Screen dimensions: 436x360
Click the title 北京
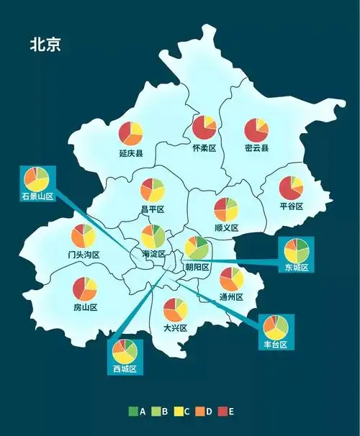pyautogui.click(x=45, y=44)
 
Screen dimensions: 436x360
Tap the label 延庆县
pyautogui.click(x=131, y=153)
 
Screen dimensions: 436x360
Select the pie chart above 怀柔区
pyautogui.click(x=204, y=128)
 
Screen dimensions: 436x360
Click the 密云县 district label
pyautogui.click(x=256, y=148)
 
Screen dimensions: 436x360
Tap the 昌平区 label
pyautogui.click(x=153, y=209)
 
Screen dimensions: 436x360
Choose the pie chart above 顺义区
pyautogui.click(x=226, y=209)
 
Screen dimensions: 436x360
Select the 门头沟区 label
pyautogui.click(x=84, y=255)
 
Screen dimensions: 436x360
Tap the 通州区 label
pyautogui.click(x=231, y=297)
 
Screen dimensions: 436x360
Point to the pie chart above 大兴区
pyautogui.click(x=176, y=309)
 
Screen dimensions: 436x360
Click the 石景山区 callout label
pyautogui.click(x=37, y=196)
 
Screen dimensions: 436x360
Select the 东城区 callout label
pyautogui.click(x=296, y=268)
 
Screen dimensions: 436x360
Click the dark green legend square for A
pyautogui.click(x=132, y=412)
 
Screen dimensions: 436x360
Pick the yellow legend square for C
pyautogui.click(x=177, y=412)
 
